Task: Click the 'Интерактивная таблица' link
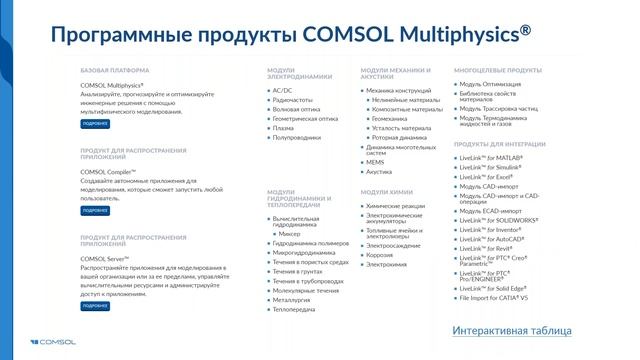click(x=511, y=330)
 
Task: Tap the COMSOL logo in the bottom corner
click(x=33, y=343)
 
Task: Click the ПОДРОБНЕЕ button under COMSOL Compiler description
click(x=95, y=211)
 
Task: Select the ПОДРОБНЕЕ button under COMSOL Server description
click(x=95, y=306)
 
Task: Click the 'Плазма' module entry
click(x=283, y=127)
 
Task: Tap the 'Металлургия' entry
click(x=291, y=299)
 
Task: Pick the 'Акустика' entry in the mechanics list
click(x=379, y=171)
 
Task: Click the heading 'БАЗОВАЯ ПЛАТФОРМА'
click(x=115, y=70)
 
